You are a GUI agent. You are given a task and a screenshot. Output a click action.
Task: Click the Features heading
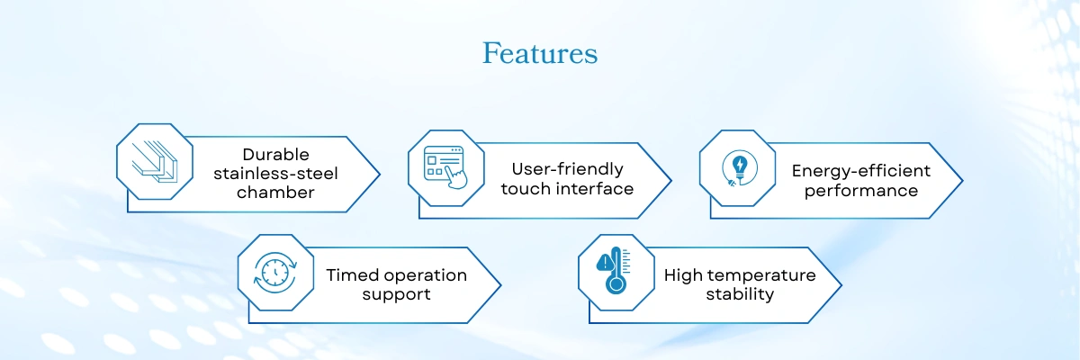click(x=540, y=53)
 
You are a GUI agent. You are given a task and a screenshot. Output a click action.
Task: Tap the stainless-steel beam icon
click(x=155, y=162)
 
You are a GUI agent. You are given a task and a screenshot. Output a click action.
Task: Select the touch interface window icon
click(x=445, y=167)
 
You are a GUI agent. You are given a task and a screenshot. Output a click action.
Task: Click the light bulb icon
click(x=739, y=168)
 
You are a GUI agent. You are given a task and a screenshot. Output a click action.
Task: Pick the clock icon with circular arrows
click(x=275, y=273)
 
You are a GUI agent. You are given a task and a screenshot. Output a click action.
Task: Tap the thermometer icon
click(x=614, y=270)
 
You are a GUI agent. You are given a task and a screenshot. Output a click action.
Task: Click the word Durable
click(x=275, y=154)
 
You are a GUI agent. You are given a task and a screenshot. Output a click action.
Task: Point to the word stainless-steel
click(x=275, y=174)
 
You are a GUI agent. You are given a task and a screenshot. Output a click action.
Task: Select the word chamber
click(x=275, y=193)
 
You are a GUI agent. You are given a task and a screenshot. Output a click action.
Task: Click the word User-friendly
click(x=568, y=169)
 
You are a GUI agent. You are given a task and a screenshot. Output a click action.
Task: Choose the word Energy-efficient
click(x=861, y=171)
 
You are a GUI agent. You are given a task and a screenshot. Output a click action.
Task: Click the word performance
click(x=861, y=191)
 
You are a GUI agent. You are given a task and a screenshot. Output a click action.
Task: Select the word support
click(x=396, y=294)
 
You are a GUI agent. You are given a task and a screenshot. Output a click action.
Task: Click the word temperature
click(x=767, y=275)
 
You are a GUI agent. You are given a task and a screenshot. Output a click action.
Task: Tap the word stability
click(x=740, y=294)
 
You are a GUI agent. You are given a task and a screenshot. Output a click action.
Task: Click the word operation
click(x=423, y=275)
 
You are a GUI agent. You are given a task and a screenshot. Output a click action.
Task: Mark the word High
click(x=688, y=275)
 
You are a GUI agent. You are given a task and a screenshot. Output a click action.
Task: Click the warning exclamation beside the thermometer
click(x=604, y=264)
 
